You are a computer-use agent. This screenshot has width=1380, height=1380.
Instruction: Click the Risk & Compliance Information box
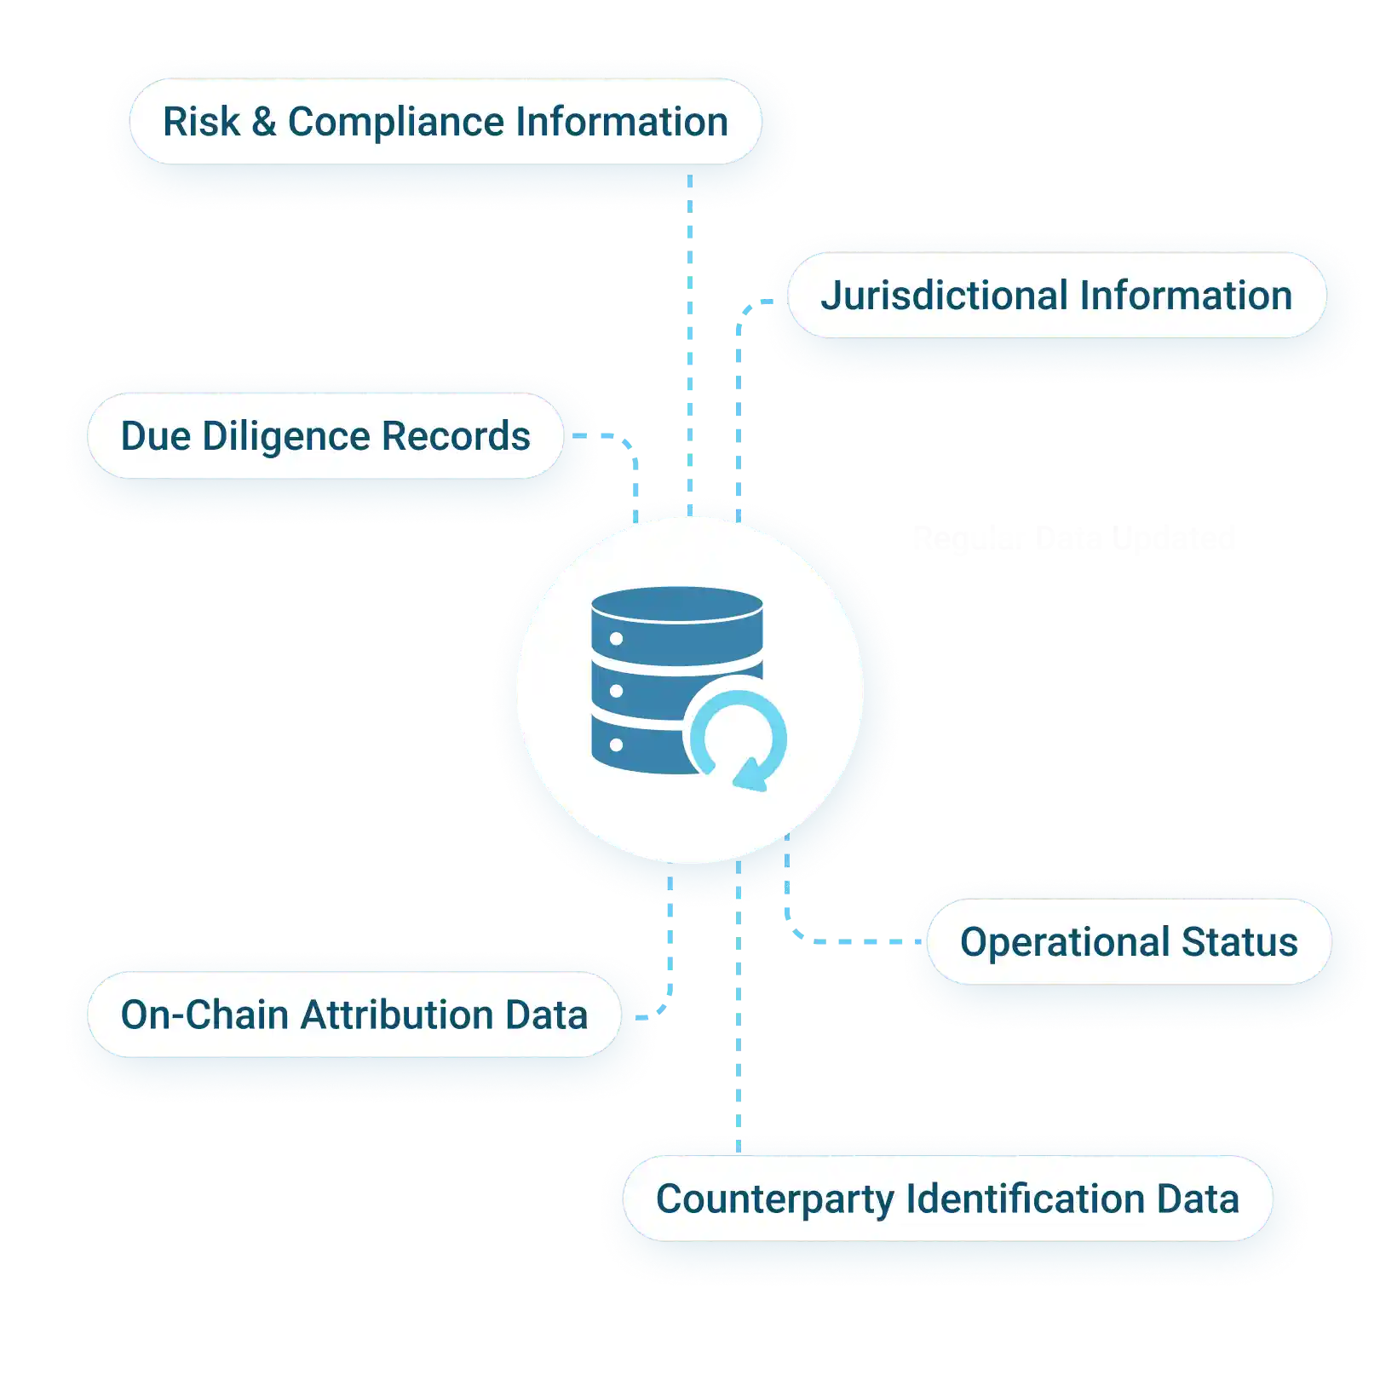pos(445,122)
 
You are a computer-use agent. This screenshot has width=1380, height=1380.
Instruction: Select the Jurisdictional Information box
pos(1056,296)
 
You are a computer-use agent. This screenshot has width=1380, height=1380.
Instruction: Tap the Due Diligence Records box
pos(325,436)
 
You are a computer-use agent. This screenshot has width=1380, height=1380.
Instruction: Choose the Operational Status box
pos(1129,942)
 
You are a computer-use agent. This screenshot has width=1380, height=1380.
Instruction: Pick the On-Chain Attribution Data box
pos(354,1015)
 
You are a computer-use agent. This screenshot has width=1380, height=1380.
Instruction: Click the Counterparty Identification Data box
pos(947,1199)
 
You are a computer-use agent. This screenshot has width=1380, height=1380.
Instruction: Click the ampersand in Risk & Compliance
pos(264,122)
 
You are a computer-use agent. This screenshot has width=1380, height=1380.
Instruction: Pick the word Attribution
pos(396,1015)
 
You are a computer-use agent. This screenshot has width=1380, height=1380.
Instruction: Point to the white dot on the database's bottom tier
pos(617,745)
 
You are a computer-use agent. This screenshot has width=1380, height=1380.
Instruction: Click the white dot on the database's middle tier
pos(617,691)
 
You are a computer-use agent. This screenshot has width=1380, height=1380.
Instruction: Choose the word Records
pos(457,436)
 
